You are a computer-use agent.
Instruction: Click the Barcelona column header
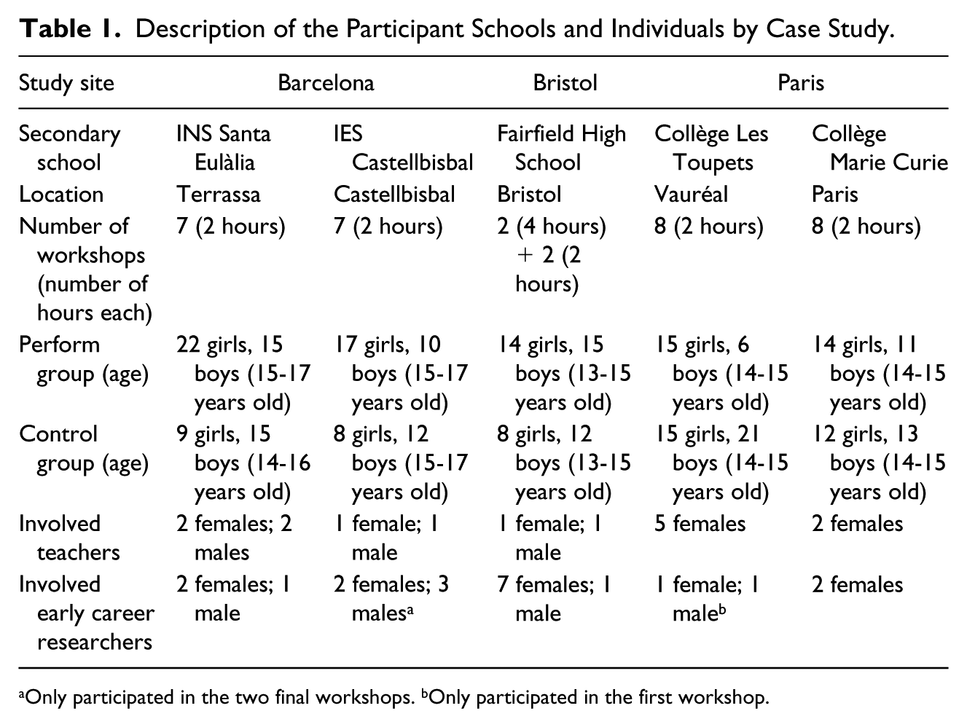pyautogui.click(x=326, y=83)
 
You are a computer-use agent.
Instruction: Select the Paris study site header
pyautogui.click(x=800, y=83)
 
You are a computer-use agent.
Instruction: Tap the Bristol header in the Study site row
pyautogui.click(x=565, y=83)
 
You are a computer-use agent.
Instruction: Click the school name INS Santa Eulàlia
pyautogui.click(x=224, y=148)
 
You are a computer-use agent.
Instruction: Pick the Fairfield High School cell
pyautogui.click(x=562, y=148)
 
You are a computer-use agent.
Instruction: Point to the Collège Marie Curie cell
pyautogui.click(x=880, y=148)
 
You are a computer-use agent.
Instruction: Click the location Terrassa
pyautogui.click(x=219, y=194)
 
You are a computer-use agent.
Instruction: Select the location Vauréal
pyautogui.click(x=691, y=194)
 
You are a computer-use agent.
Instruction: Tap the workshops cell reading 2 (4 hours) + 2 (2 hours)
pyautogui.click(x=552, y=255)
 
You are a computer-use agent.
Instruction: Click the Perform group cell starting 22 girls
pyautogui.click(x=243, y=374)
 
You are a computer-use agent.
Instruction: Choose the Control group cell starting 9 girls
pyautogui.click(x=243, y=463)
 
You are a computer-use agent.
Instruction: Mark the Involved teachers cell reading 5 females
pyautogui.click(x=700, y=524)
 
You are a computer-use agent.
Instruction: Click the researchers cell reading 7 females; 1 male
pyautogui.click(x=555, y=599)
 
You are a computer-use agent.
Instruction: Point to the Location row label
pyautogui.click(x=61, y=194)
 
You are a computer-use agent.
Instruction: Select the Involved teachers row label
pyautogui.click(x=69, y=538)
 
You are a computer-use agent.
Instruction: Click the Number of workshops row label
pyautogui.click(x=85, y=270)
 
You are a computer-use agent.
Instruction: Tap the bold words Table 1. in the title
pyautogui.click(x=70, y=29)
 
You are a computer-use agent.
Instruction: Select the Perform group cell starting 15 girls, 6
pyautogui.click(x=721, y=374)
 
